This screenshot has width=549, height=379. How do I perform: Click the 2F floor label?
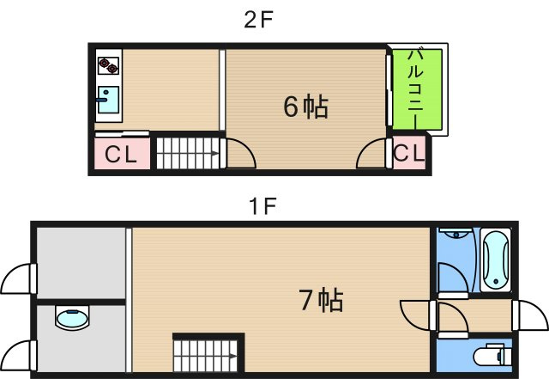[x=258, y=20]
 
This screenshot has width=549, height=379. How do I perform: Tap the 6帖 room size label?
[x=305, y=107]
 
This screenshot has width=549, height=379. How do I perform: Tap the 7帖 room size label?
[x=321, y=300]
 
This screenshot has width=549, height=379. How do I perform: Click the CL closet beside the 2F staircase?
[x=122, y=155]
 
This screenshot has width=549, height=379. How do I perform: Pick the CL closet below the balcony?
[x=409, y=155]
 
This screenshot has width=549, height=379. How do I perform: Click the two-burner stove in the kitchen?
[x=108, y=65]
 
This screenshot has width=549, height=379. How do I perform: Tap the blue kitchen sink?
[x=108, y=101]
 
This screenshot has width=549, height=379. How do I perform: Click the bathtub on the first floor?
[x=496, y=260]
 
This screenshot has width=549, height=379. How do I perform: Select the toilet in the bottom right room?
[x=492, y=355]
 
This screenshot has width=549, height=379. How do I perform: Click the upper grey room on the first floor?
[x=81, y=261]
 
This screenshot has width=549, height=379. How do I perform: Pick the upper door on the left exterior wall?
[x=19, y=279]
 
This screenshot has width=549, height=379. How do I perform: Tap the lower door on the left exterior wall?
[x=19, y=354]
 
